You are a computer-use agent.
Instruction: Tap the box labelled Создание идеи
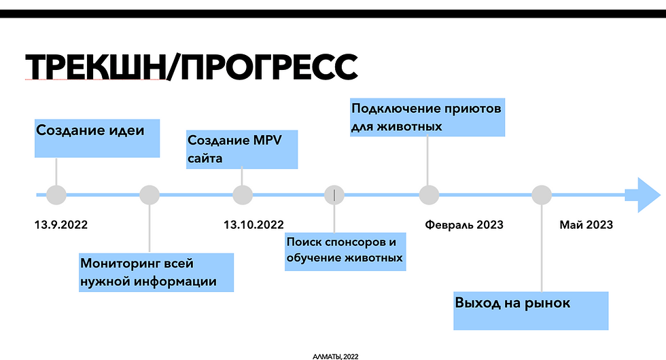coord(97,139)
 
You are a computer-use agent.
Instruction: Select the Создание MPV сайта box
coord(242,149)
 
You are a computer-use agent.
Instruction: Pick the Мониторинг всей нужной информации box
coord(156,272)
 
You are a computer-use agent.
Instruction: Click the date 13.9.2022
coord(61,225)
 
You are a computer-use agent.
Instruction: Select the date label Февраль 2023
coord(464,225)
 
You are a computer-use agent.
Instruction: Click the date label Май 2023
coord(586,225)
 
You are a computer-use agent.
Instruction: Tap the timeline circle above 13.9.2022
coord(56,196)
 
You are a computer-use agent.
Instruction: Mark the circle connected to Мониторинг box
coord(149,196)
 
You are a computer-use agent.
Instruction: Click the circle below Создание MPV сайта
coord(242,196)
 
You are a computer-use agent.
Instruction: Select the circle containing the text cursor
coord(334,196)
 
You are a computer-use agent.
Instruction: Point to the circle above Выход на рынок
coord(541,196)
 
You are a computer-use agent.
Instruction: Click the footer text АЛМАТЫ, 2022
coord(334,355)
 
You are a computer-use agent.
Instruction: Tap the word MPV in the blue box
coord(268,141)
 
